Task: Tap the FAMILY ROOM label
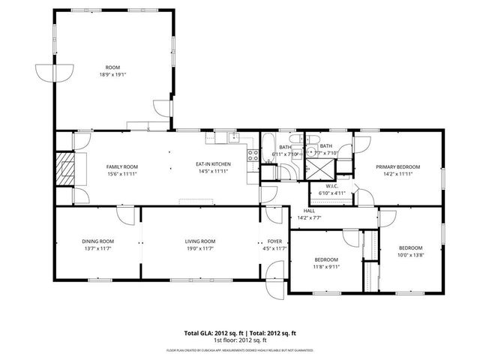click(120, 166)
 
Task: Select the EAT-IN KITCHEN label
click(213, 164)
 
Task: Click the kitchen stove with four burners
click(253, 156)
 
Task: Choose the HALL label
click(309, 211)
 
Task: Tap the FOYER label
click(276, 241)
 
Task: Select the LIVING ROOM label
click(200, 241)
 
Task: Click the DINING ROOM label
click(97, 241)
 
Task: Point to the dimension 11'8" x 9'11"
click(327, 266)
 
